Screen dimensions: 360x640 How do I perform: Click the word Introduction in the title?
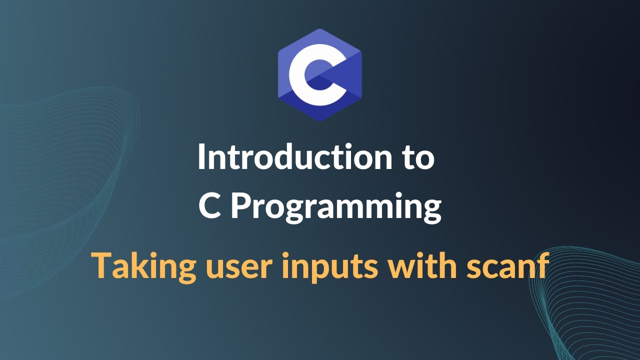coord(295,157)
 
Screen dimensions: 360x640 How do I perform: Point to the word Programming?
coord(335,207)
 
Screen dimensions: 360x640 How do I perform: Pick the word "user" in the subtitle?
coord(236,267)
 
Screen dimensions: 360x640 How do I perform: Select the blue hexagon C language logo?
coord(319,75)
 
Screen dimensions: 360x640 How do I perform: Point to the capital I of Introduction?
coord(201,157)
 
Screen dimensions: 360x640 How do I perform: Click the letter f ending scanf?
coord(543,264)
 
